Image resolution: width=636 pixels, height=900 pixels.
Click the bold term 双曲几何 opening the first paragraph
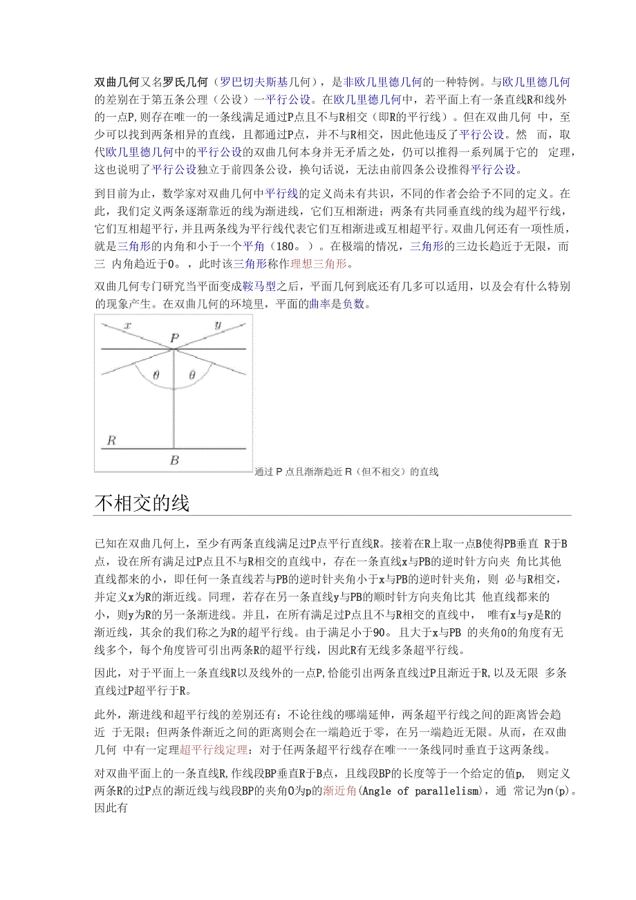pos(117,82)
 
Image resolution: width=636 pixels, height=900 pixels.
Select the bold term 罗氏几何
pos(184,82)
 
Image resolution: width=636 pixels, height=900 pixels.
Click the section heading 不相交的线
pos(142,503)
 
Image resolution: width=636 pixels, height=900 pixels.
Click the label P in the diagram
pos(175,339)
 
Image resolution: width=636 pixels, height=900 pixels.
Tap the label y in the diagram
pos(218,325)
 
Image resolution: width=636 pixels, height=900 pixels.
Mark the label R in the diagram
pos(111,440)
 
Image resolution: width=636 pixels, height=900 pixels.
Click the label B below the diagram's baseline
pos(174,460)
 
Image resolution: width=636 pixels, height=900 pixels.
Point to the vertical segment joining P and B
pos(174,401)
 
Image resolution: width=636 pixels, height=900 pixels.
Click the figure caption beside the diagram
pos(346,472)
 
